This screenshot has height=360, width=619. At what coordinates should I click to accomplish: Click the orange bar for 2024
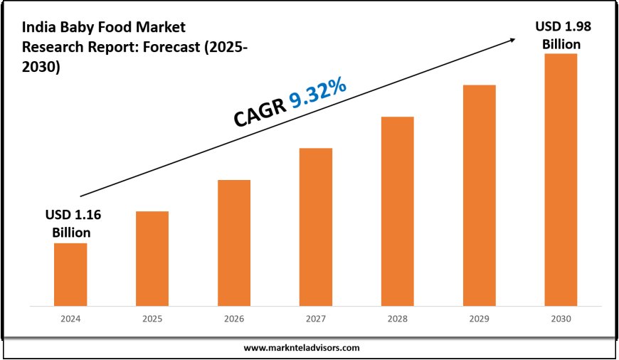pyautogui.click(x=70, y=274)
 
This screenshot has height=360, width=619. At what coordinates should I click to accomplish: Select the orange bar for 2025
pyautogui.click(x=152, y=258)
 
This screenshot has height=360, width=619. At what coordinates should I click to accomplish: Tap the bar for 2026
pyautogui.click(x=234, y=243)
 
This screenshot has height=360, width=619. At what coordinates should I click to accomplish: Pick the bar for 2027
pyautogui.click(x=316, y=226)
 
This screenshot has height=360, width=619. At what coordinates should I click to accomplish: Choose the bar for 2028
pyautogui.click(x=397, y=211)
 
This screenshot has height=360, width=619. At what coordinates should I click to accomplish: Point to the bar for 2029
pyautogui.click(x=479, y=195)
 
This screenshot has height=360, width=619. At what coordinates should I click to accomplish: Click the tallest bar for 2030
pyautogui.click(x=561, y=179)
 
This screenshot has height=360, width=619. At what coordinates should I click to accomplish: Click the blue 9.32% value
pyautogui.click(x=318, y=95)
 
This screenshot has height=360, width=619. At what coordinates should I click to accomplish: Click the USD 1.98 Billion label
pyautogui.click(x=562, y=35)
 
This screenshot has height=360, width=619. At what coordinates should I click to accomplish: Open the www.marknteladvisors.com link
pyautogui.click(x=302, y=348)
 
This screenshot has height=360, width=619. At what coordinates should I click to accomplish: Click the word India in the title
pyautogui.click(x=37, y=28)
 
